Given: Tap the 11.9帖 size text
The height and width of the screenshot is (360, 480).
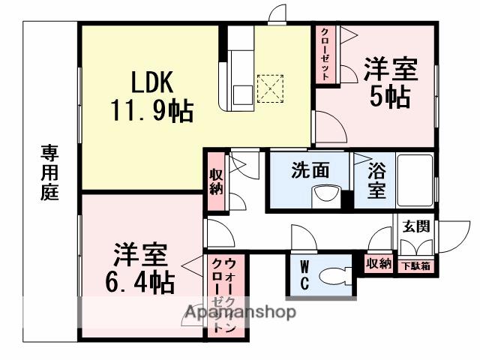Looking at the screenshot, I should point(153,112).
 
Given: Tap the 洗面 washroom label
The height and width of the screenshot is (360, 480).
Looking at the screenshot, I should point(310,170).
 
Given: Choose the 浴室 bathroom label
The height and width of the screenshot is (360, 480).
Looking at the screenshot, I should point(377,181).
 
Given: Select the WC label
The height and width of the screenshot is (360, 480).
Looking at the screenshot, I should point(305,275).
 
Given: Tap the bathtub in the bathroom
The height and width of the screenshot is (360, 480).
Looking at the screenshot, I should point(414,180).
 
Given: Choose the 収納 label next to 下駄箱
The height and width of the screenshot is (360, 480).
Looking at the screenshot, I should point(378,263).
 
